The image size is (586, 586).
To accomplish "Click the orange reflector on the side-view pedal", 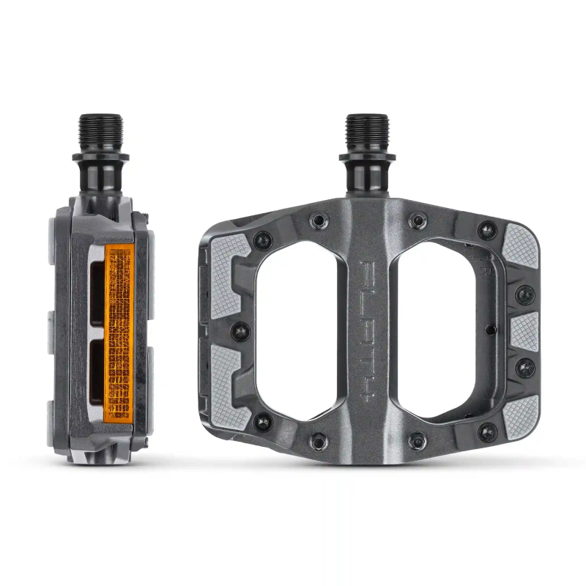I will (x=117, y=335).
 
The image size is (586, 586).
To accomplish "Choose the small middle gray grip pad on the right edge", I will (x=524, y=331).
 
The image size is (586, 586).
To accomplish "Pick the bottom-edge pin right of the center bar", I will (x=416, y=441).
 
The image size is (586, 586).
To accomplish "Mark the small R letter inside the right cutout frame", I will (x=486, y=272).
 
